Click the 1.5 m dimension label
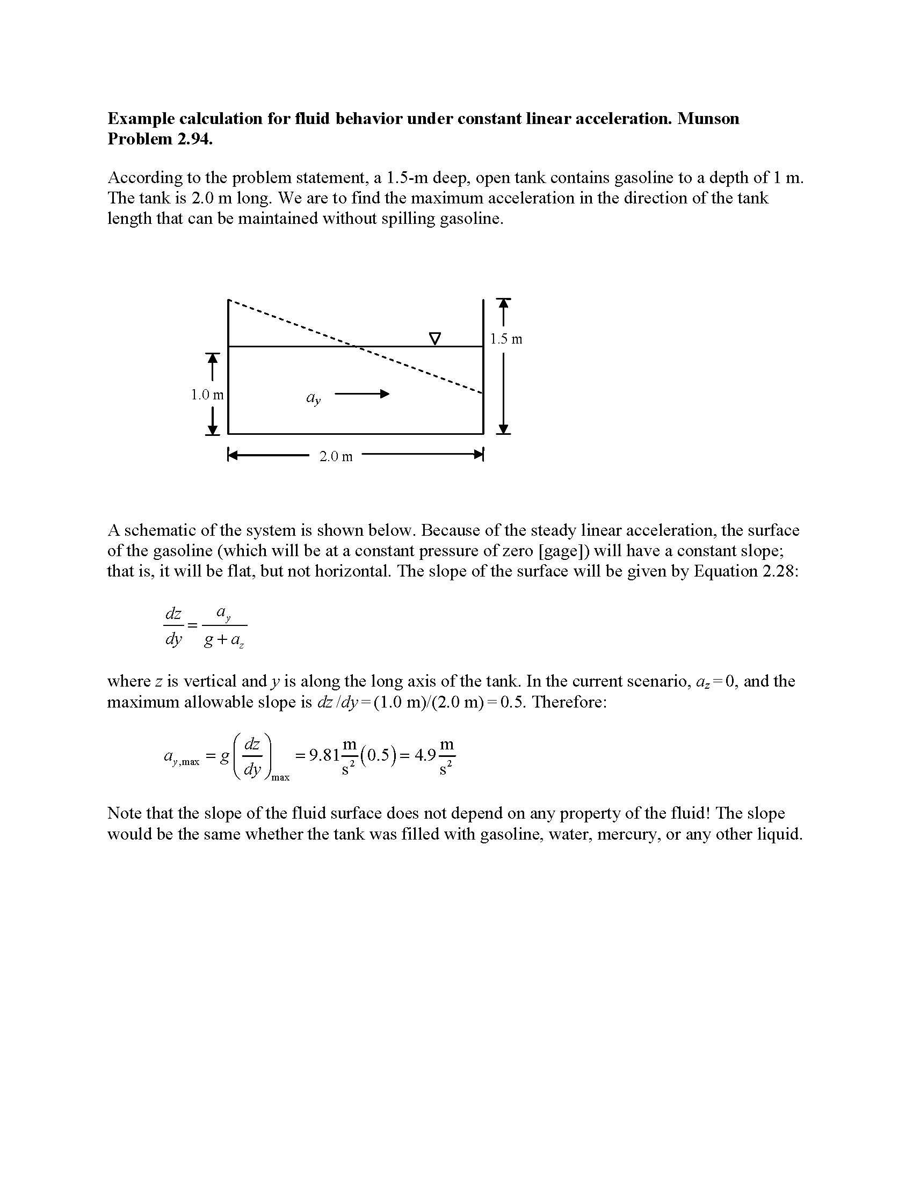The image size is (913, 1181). tap(506, 339)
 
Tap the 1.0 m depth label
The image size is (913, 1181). tap(207, 395)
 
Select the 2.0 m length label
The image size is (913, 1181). tap(335, 456)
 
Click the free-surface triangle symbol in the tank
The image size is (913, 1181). tap(434, 339)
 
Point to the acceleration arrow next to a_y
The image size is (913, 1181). tap(362, 394)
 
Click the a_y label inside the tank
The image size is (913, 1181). tap(313, 398)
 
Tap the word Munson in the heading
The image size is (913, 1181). tap(708, 119)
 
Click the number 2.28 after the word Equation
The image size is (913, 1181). tap(779, 571)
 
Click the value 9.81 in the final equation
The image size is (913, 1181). tap(324, 754)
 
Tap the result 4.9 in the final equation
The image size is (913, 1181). tap(425, 754)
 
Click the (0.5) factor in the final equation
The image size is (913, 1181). tap(378, 754)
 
